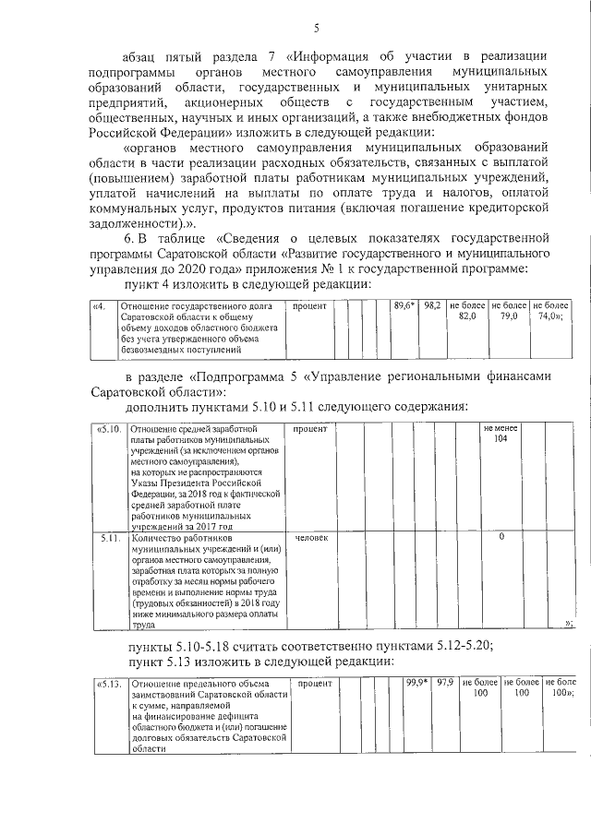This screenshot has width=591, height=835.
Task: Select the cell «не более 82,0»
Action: coord(467,311)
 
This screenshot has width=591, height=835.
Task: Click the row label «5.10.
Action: coord(109,429)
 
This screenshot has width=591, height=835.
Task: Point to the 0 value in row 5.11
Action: coord(501,537)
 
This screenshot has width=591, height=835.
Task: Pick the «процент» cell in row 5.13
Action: coord(316,684)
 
